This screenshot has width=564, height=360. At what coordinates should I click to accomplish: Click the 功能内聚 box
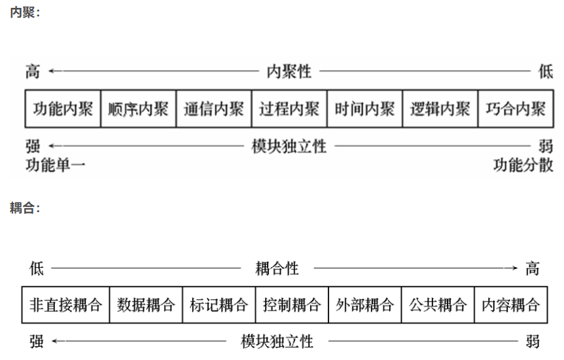[x=63, y=109]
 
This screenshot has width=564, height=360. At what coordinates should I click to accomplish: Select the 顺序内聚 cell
[x=138, y=109]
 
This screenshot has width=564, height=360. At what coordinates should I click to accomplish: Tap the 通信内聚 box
[x=213, y=109]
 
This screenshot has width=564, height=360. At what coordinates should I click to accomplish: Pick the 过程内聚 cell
[x=289, y=109]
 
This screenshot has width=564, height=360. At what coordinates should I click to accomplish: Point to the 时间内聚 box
[x=364, y=109]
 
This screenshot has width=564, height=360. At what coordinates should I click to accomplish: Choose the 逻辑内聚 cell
[x=440, y=109]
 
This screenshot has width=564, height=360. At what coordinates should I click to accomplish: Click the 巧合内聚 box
[x=515, y=109]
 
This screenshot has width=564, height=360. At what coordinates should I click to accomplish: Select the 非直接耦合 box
[x=66, y=304]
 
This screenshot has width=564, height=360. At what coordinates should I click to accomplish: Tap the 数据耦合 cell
[x=146, y=304]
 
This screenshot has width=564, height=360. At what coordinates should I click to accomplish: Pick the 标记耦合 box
[x=219, y=304]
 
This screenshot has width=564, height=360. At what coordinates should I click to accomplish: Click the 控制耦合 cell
[x=292, y=304]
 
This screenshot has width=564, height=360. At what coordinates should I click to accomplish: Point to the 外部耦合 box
[x=365, y=304]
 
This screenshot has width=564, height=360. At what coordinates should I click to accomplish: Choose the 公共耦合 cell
[x=438, y=304]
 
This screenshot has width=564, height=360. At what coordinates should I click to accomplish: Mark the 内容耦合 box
[x=510, y=304]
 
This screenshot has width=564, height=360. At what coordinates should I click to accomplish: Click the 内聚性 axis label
[x=289, y=71]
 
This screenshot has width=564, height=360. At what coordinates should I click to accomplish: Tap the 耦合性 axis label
[x=277, y=268]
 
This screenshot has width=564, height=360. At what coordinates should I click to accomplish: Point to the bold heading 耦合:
[x=25, y=208]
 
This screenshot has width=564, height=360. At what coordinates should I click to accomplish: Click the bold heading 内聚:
[x=25, y=12]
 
